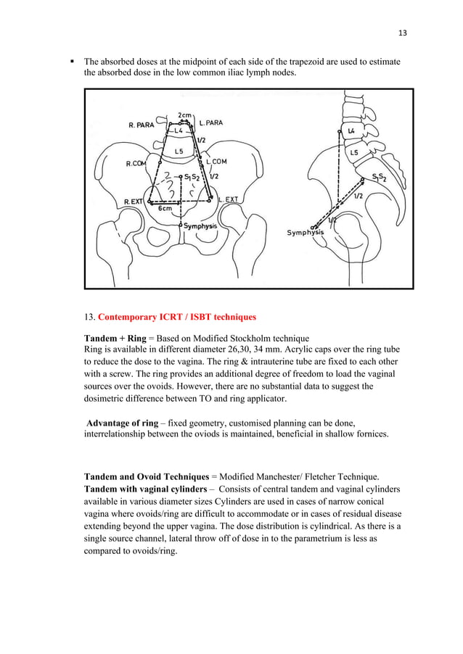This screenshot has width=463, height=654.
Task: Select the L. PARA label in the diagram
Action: coord(210,123)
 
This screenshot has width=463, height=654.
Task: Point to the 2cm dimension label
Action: coord(184,115)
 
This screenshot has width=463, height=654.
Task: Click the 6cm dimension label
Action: coord(165,208)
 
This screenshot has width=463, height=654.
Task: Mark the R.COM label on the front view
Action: coord(136,164)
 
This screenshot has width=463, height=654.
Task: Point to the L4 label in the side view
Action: coord(351,131)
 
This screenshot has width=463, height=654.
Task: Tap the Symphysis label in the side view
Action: coord(306,233)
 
